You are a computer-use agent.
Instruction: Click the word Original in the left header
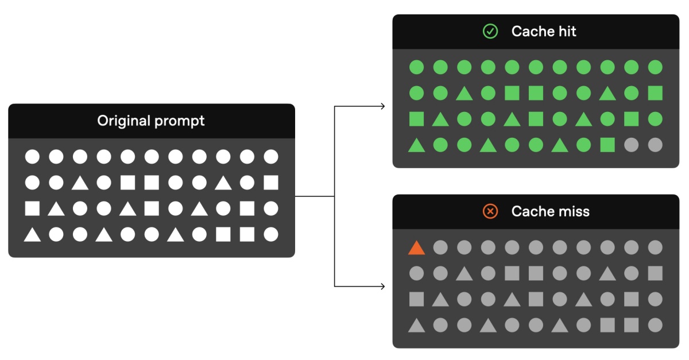click(124, 121)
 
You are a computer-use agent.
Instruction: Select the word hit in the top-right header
click(567, 31)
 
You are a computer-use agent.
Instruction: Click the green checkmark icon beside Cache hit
click(490, 31)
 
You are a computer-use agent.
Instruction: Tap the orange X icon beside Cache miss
click(490, 211)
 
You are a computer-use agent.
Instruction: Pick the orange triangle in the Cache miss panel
click(416, 247)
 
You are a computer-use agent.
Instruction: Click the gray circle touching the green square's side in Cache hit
click(631, 145)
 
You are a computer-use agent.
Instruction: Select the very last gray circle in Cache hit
click(655, 145)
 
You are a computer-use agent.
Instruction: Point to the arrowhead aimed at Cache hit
click(383, 106)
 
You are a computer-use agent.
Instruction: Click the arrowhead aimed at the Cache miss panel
click(383, 287)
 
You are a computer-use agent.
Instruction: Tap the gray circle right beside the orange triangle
click(440, 247)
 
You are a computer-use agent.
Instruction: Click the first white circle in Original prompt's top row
click(32, 157)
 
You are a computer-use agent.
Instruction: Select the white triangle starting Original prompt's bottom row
click(32, 235)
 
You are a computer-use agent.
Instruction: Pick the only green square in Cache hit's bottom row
click(607, 145)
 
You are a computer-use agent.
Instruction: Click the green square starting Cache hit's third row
click(416, 119)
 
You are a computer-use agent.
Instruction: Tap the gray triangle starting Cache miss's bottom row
click(416, 326)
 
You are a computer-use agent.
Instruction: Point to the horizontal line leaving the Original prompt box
click(315, 196)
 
